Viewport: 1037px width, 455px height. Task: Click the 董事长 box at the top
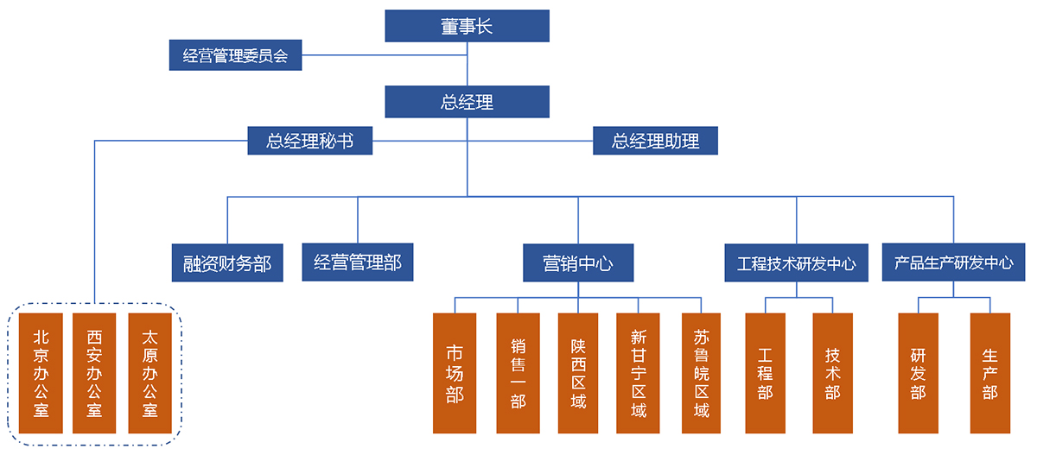pos(467,26)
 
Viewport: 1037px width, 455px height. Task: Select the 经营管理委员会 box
pos(235,56)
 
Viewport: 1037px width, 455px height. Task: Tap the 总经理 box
pos(467,102)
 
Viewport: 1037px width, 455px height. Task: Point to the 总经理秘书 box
pos(309,141)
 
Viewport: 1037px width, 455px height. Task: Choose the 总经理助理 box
pos(655,141)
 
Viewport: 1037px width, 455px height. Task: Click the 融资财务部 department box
pos(227,262)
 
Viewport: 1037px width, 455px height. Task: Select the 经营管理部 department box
pos(358,262)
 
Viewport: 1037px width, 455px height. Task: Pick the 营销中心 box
pos(577,262)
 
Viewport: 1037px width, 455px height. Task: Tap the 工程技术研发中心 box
pos(796,262)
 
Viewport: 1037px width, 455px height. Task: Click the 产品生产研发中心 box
pos(953,262)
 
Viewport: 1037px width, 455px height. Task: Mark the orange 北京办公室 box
pos(41,372)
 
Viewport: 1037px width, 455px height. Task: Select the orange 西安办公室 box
pos(95,372)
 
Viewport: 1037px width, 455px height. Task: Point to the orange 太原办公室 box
pos(150,372)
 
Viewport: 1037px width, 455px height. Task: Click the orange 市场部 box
pos(455,373)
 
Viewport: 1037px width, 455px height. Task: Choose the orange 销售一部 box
pos(518,373)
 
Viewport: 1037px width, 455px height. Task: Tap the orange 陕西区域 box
pos(578,373)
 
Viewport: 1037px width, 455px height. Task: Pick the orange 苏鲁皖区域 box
pos(701,373)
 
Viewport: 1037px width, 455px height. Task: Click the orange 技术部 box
pos(832,373)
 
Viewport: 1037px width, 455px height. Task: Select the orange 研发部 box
pos(918,373)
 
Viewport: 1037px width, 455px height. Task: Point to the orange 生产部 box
pos(989,373)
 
